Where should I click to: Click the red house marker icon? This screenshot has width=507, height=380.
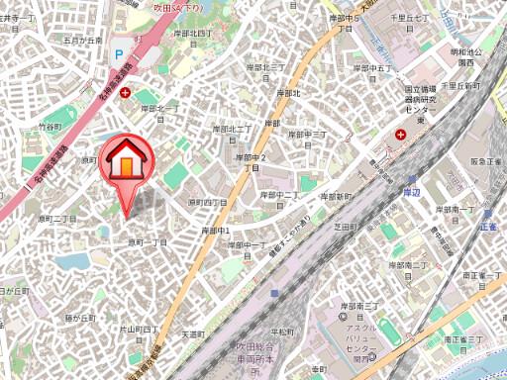(126, 160)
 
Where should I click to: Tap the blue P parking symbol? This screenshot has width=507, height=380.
(119, 56)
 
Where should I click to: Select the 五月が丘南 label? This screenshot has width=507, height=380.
(82, 41)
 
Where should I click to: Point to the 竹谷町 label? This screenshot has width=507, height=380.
(50, 128)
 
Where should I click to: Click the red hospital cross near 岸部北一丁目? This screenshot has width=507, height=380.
(125, 92)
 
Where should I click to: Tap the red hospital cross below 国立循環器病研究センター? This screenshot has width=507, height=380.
(400, 134)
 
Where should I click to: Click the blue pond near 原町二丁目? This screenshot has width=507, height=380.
(72, 261)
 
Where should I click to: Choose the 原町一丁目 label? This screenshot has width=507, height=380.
(147, 242)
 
